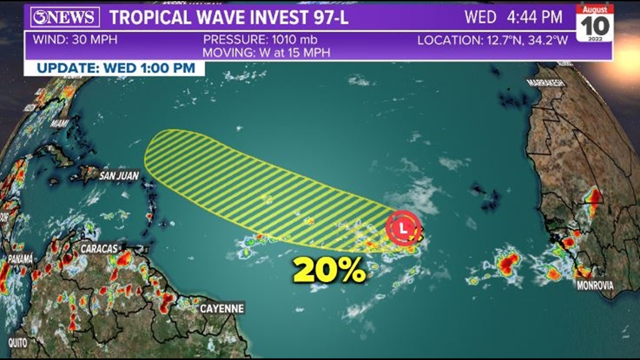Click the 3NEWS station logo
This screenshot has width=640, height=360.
tap(65, 17)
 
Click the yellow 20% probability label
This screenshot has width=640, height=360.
tap(329, 270)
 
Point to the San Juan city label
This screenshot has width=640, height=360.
tap(119, 176)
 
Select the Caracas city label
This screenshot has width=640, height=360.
tap(99, 249)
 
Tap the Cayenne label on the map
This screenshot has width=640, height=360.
tap(222, 308)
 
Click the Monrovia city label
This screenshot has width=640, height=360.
tap(595, 285)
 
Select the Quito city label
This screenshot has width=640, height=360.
tap(18, 342)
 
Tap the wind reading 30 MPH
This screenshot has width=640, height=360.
tap(75, 40)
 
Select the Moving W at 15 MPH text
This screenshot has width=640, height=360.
tap(266, 53)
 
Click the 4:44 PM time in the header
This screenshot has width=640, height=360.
tap(535, 17)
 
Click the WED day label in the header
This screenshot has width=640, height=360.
tap(480, 17)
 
